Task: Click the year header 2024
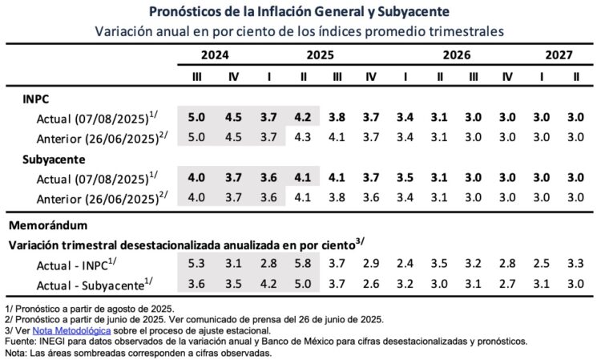[x=215, y=56]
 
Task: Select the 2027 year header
[x=559, y=56]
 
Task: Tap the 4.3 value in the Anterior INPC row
[x=304, y=137]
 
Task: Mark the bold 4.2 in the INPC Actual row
[x=304, y=118]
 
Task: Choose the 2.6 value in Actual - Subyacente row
[x=371, y=283]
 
